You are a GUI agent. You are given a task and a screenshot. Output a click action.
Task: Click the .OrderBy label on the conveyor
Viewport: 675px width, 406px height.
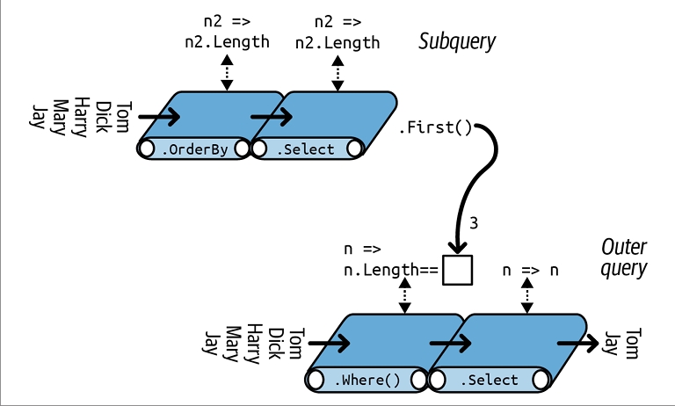tap(195, 149)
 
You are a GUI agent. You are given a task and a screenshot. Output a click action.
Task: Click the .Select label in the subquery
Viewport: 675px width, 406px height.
tap(306, 149)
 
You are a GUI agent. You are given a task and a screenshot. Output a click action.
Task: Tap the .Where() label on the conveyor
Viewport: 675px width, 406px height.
tap(367, 380)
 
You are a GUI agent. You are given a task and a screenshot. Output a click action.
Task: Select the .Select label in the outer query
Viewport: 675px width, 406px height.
tap(489, 380)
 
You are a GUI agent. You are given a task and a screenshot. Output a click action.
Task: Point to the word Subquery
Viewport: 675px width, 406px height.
tap(457, 41)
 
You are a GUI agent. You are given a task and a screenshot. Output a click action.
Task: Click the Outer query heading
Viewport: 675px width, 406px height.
tap(623, 257)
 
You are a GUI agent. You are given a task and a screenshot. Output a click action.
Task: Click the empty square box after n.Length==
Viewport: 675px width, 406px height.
tap(457, 270)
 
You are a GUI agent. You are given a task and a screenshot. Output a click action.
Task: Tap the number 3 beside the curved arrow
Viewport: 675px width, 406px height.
tap(475, 223)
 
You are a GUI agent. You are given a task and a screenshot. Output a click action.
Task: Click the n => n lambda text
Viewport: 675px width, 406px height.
tap(530, 270)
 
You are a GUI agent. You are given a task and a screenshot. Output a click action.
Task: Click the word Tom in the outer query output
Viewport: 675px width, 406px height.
tap(631, 344)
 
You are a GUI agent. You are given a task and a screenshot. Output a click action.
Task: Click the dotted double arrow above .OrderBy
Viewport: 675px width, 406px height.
tap(227, 72)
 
